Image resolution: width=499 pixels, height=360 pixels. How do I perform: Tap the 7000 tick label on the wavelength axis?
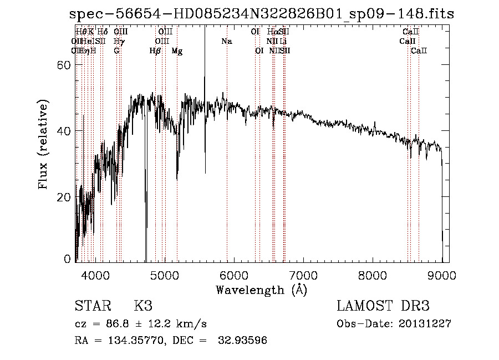[303, 275]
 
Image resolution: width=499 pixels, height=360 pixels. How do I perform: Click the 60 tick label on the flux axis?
[65, 65]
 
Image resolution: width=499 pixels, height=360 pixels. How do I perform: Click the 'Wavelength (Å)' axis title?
[261, 290]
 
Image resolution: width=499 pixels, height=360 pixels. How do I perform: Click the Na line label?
[226, 42]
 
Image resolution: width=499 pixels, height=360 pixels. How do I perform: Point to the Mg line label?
[177, 51]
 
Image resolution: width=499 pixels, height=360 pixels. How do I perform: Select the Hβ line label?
[155, 51]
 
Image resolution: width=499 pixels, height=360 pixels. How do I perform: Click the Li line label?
[283, 42]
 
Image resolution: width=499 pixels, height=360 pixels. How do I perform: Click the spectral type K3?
[143, 306]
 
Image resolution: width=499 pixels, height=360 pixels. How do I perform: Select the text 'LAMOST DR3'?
[383, 306]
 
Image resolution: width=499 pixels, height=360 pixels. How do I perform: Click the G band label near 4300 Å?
[116, 51]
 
